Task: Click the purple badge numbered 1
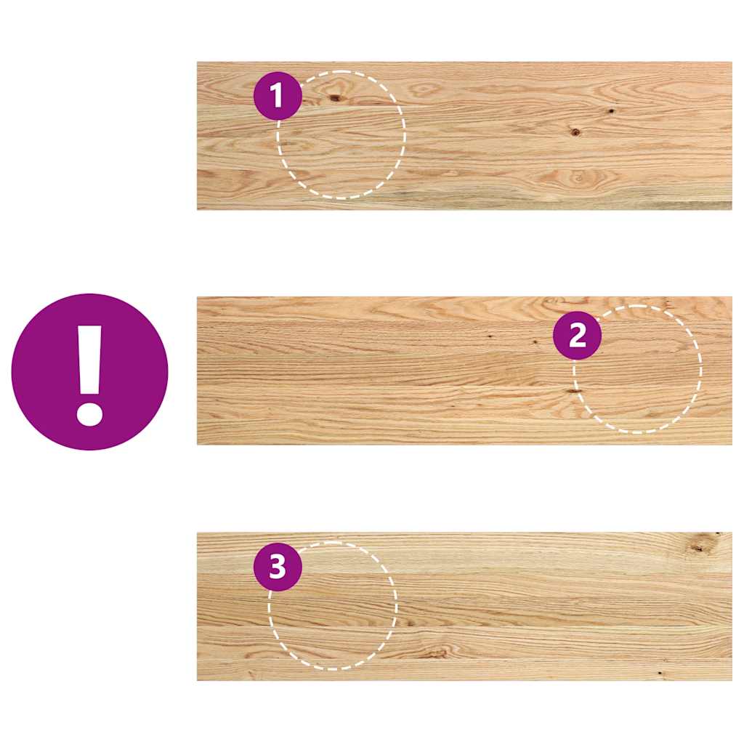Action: [x=278, y=96]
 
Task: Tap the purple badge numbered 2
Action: [x=576, y=335]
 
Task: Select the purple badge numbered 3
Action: [x=278, y=567]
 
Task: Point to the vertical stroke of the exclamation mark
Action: [x=89, y=360]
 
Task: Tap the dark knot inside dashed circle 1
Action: [x=336, y=97]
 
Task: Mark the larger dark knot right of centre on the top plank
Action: [x=575, y=132]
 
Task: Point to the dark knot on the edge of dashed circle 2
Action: [x=575, y=391]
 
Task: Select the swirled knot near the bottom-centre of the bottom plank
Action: [x=437, y=652]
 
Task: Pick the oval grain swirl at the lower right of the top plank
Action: [x=579, y=177]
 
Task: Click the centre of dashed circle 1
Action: [x=341, y=134]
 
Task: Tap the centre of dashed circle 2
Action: [x=638, y=369]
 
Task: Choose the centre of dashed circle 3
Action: [x=333, y=605]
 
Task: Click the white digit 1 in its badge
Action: [x=278, y=96]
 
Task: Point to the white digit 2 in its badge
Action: [x=576, y=335]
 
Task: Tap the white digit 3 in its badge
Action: [x=278, y=567]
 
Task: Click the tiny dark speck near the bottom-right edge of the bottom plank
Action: [x=660, y=674]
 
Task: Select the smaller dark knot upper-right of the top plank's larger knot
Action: [x=610, y=111]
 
